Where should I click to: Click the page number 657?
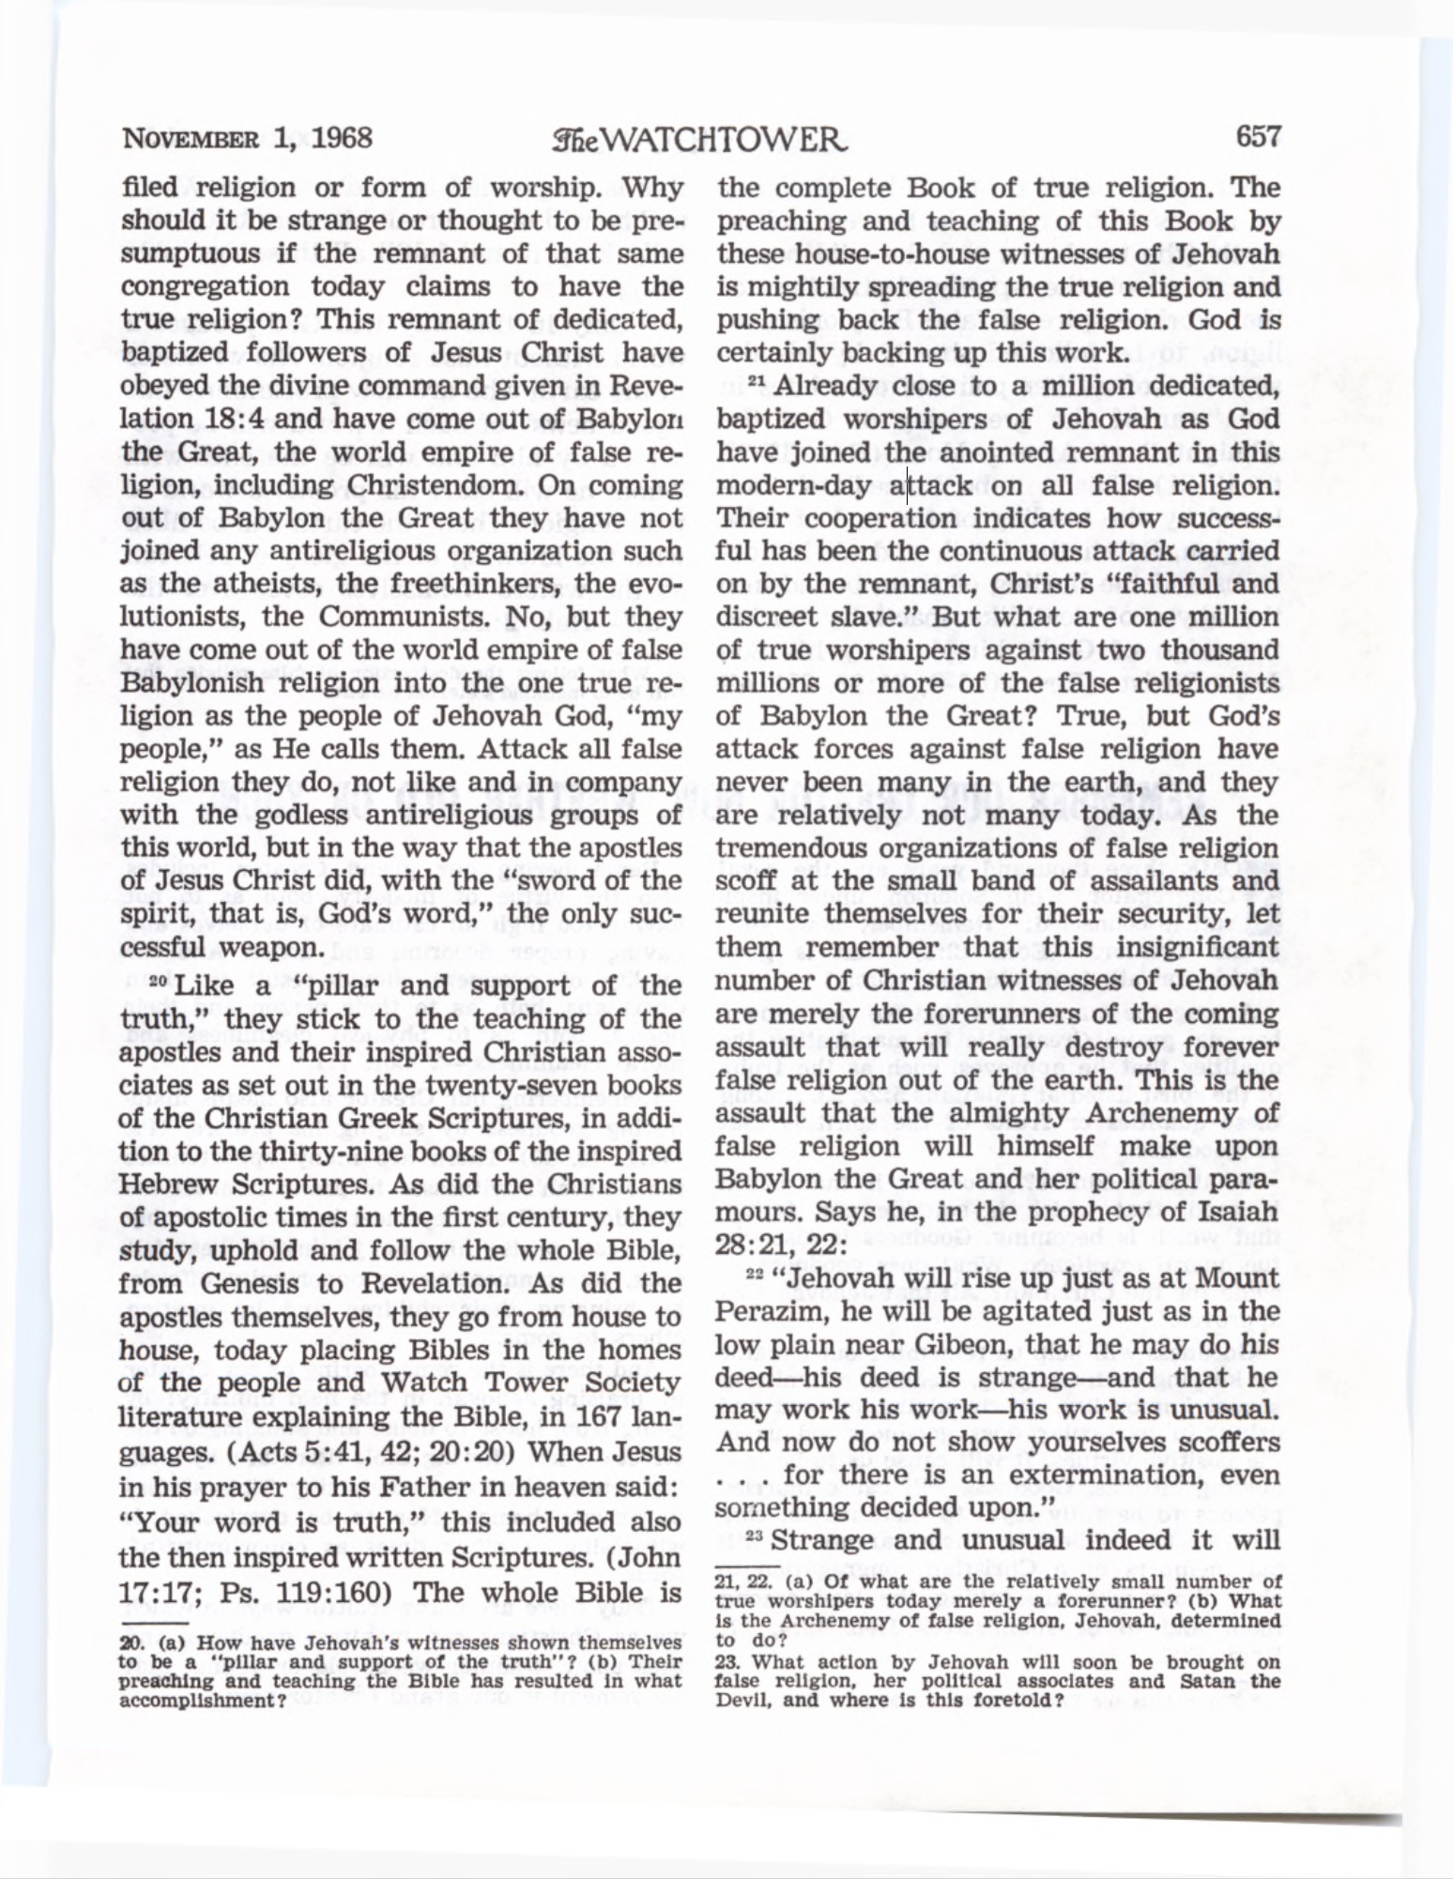tap(1258, 138)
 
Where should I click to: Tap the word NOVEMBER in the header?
tap(190, 140)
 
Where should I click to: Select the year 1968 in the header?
tap(342, 138)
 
